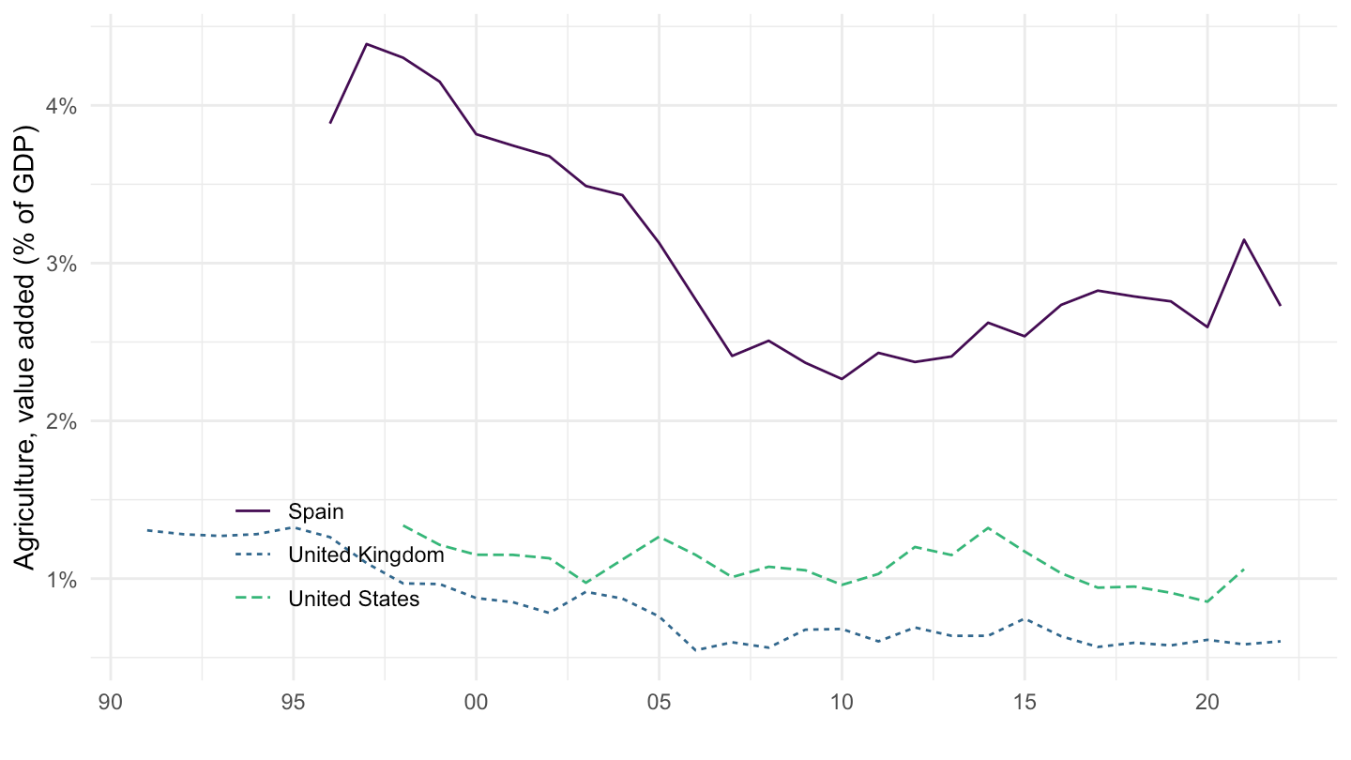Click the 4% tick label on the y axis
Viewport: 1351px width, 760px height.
coord(63,106)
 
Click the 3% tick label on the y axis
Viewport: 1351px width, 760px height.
coord(63,264)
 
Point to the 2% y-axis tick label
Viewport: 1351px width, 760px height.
coord(63,421)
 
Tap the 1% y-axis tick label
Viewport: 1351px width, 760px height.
coord(63,579)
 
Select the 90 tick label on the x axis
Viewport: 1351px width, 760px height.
coord(111,700)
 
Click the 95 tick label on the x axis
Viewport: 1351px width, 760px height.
coord(294,700)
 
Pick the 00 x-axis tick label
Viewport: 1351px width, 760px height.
coord(476,700)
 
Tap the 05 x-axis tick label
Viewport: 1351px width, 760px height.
coord(659,700)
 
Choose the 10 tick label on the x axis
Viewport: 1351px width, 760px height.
coord(842,700)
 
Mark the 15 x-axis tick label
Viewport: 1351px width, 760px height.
coord(1025,700)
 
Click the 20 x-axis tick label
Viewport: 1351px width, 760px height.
coord(1207,700)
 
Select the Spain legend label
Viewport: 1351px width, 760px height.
coord(316,512)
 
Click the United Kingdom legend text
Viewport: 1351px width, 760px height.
coord(366,555)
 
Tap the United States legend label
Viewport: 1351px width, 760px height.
coord(354,599)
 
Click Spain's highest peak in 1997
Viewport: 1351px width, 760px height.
coord(367,44)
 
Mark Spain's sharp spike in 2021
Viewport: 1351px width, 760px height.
coord(1244,239)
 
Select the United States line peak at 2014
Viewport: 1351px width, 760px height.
coord(988,527)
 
